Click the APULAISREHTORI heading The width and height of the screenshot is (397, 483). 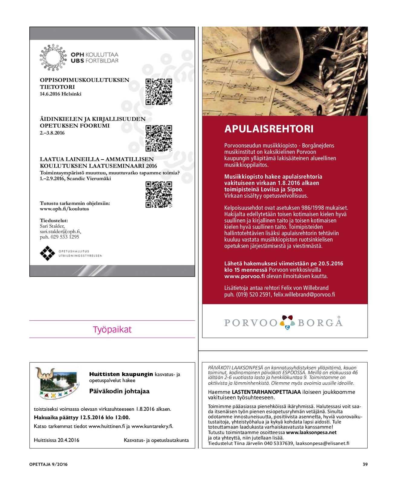[269, 129]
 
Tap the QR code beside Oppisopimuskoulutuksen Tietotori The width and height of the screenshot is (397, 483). [159, 92]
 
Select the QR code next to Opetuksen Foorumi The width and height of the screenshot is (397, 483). [159, 138]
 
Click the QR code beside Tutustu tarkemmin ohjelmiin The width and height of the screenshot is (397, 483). [159, 194]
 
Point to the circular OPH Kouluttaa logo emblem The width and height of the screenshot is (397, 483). [53, 57]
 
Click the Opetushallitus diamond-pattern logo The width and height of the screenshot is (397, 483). [47, 253]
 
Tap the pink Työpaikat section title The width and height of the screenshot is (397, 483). [112, 329]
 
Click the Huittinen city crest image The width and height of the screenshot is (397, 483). [57, 383]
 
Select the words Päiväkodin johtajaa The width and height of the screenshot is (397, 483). [119, 391]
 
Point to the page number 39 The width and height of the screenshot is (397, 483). [365, 464]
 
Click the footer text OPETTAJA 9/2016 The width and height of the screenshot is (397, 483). [48, 464]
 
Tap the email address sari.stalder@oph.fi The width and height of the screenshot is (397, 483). [60, 232]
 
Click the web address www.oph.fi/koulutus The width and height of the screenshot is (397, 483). [64, 209]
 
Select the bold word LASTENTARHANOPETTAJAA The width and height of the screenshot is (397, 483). [266, 392]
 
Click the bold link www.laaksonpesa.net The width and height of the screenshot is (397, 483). [311, 433]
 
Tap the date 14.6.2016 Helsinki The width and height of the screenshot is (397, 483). [60, 94]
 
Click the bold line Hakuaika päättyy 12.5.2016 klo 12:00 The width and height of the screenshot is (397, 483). [82, 417]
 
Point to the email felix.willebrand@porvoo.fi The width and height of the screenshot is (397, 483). [304, 294]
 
